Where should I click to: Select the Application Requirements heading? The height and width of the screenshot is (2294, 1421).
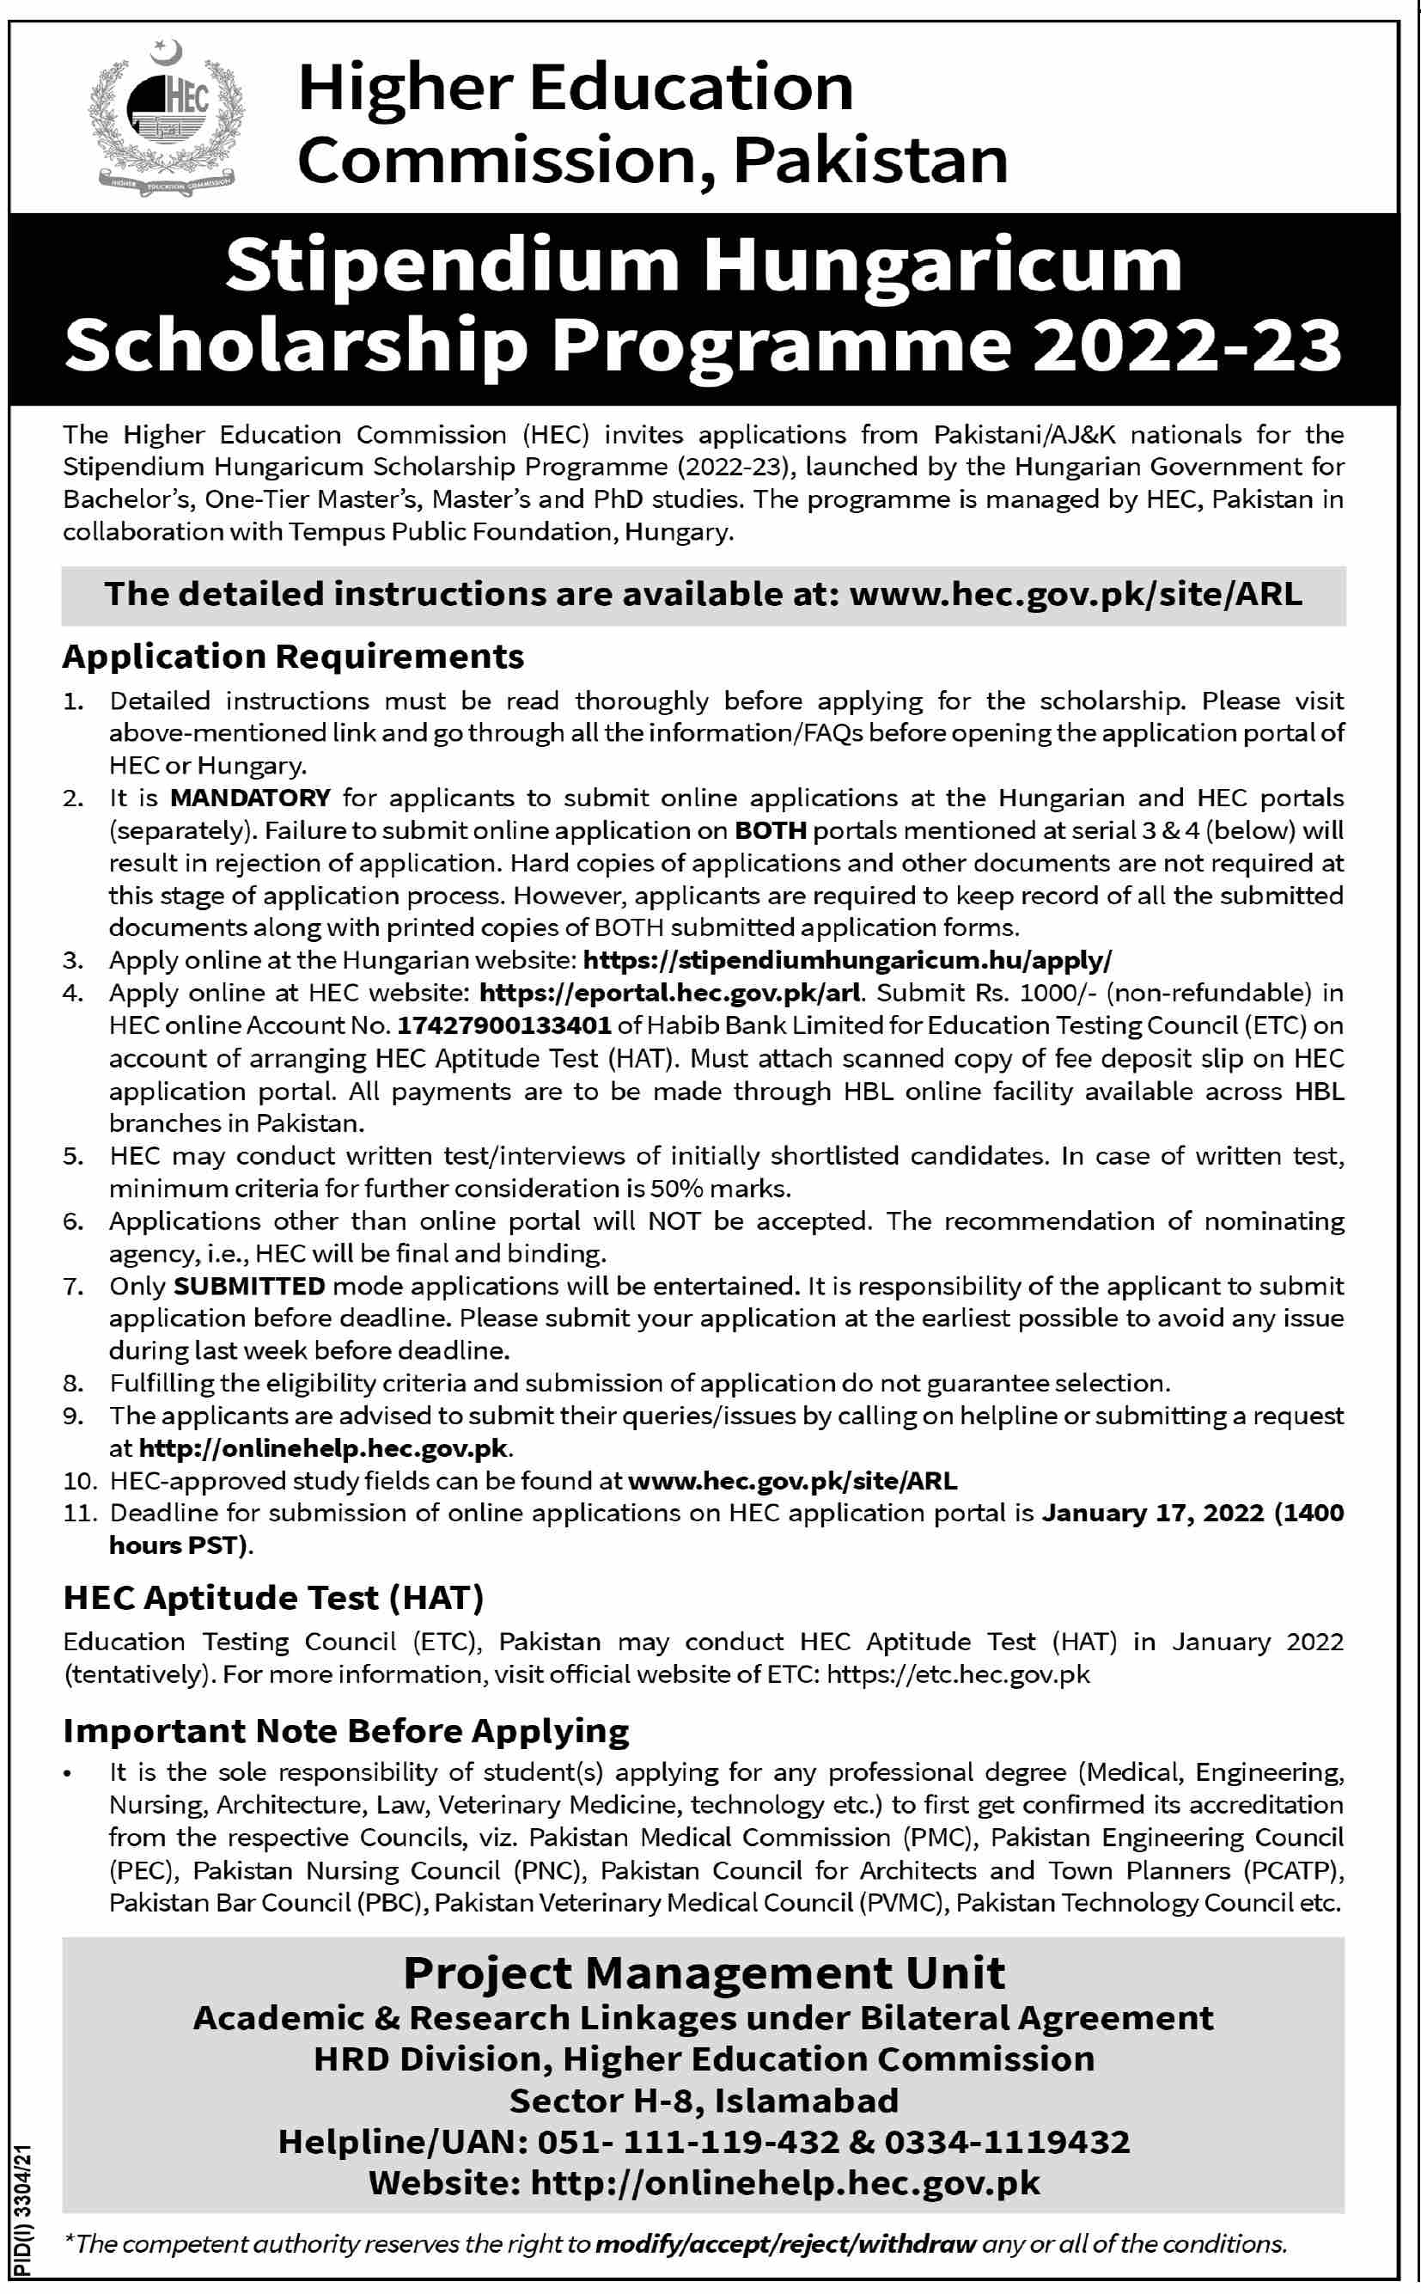[x=293, y=657]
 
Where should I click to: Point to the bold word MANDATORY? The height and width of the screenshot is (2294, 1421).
[x=250, y=798]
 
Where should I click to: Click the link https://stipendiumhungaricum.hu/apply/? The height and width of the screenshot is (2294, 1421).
[x=848, y=960]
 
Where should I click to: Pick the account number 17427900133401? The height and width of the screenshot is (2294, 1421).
[x=503, y=1025]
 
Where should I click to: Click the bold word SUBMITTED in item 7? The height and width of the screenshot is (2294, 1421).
[x=249, y=1286]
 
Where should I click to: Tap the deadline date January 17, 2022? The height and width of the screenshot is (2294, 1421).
[x=1153, y=1514]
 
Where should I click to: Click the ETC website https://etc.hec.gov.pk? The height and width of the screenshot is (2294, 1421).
[x=958, y=1674]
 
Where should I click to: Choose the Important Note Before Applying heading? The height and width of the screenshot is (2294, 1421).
[x=346, y=1731]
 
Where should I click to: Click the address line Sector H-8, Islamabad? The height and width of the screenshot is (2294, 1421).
[x=704, y=2101]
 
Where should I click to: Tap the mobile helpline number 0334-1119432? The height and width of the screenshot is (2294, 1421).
[x=1007, y=2143]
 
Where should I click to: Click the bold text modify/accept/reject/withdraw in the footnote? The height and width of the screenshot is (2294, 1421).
[x=787, y=2244]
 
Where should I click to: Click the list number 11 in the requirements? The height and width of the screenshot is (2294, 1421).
[x=81, y=1514]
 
